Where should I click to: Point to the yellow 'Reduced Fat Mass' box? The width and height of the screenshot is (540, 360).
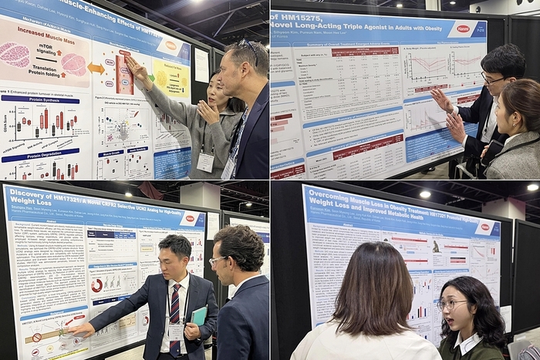pyautogui.click(x=170, y=78)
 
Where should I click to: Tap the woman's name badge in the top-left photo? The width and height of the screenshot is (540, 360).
pyautogui.click(x=205, y=161)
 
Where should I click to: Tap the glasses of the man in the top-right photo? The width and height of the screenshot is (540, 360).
pyautogui.click(x=494, y=78)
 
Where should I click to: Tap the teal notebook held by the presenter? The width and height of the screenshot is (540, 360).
pyautogui.click(x=200, y=315)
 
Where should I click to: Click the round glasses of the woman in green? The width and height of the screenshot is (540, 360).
pyautogui.click(x=454, y=304)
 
